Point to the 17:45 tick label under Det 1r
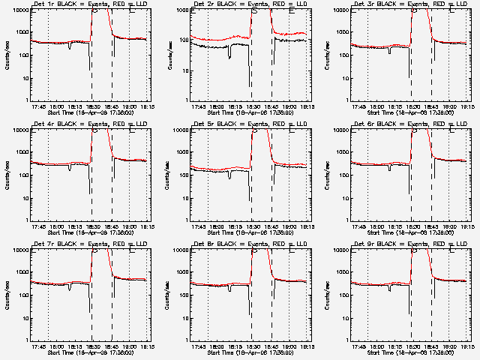(x=37, y=106)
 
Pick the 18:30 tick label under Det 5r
(x=251, y=226)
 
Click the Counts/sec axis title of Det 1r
(x=6, y=55)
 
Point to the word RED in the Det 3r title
(x=431, y=4)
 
